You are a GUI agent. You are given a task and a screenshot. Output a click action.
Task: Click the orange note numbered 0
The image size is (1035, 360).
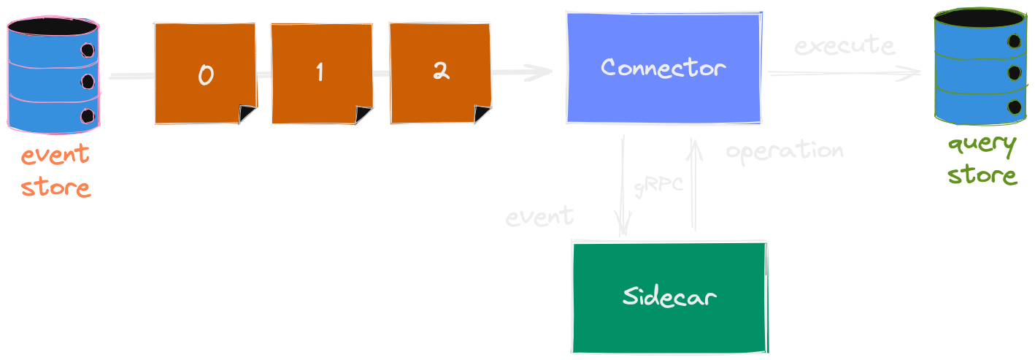(x=205, y=73)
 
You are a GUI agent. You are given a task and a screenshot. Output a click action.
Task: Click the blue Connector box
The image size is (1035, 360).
(x=663, y=67)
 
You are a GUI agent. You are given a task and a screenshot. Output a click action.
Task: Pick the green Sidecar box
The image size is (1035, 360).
(x=669, y=296)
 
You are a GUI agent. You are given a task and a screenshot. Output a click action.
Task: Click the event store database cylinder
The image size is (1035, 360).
(x=53, y=74)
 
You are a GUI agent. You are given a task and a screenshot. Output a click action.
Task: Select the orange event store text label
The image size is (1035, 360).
(x=55, y=172)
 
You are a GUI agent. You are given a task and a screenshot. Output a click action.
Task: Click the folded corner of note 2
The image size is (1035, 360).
(x=482, y=114)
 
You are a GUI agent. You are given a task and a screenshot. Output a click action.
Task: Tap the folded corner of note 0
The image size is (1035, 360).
(x=247, y=114)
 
